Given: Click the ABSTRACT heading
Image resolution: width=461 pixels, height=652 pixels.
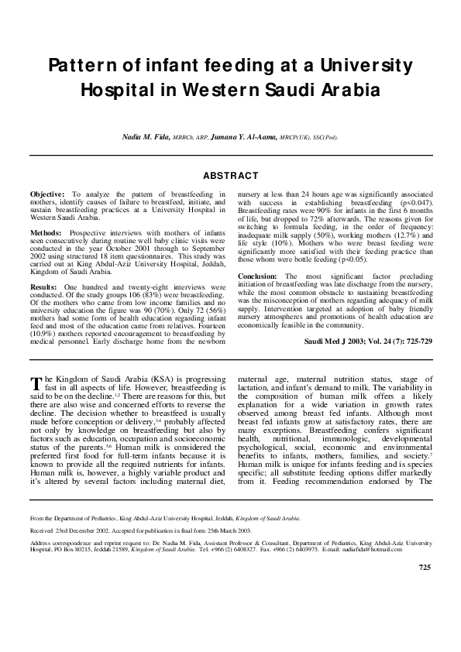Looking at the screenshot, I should (x=230, y=177).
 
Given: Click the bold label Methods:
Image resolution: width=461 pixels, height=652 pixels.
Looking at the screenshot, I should (x=47, y=232).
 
